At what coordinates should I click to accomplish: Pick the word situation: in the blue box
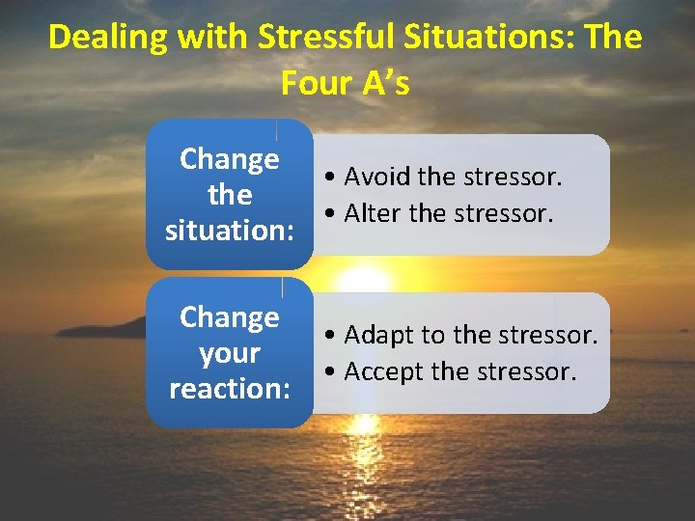pos(230,231)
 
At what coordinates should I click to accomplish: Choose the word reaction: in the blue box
pos(230,389)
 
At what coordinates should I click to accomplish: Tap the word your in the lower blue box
pos(230,353)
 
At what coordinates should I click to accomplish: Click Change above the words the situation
pos(230,159)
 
